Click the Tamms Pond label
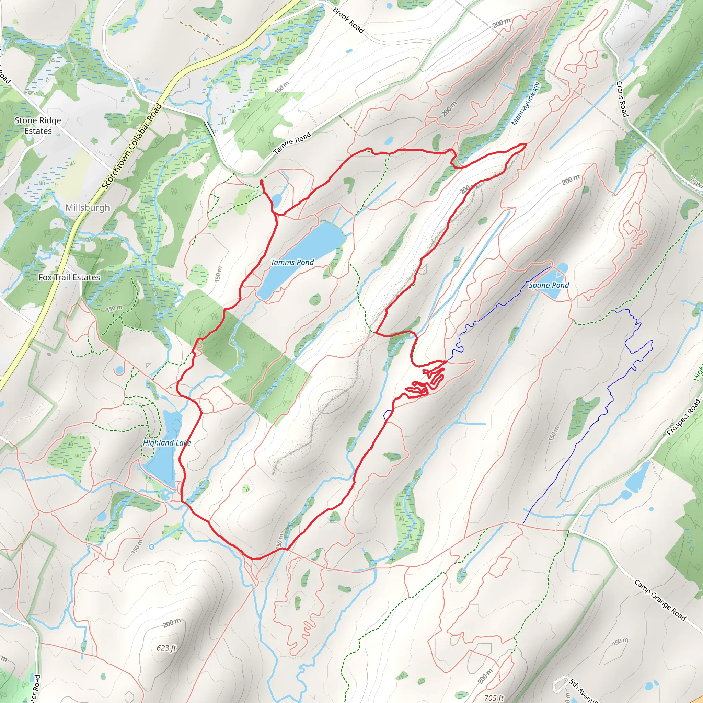point(292,262)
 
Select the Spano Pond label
point(549,285)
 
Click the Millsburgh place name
point(87,207)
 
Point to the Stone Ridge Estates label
point(38,126)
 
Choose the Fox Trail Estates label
point(69,277)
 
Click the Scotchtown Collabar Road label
point(132,146)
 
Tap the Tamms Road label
point(292,143)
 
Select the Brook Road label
point(348,20)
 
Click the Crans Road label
point(622,99)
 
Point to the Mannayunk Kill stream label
point(526,103)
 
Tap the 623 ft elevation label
point(166,648)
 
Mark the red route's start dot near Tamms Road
point(262,181)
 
